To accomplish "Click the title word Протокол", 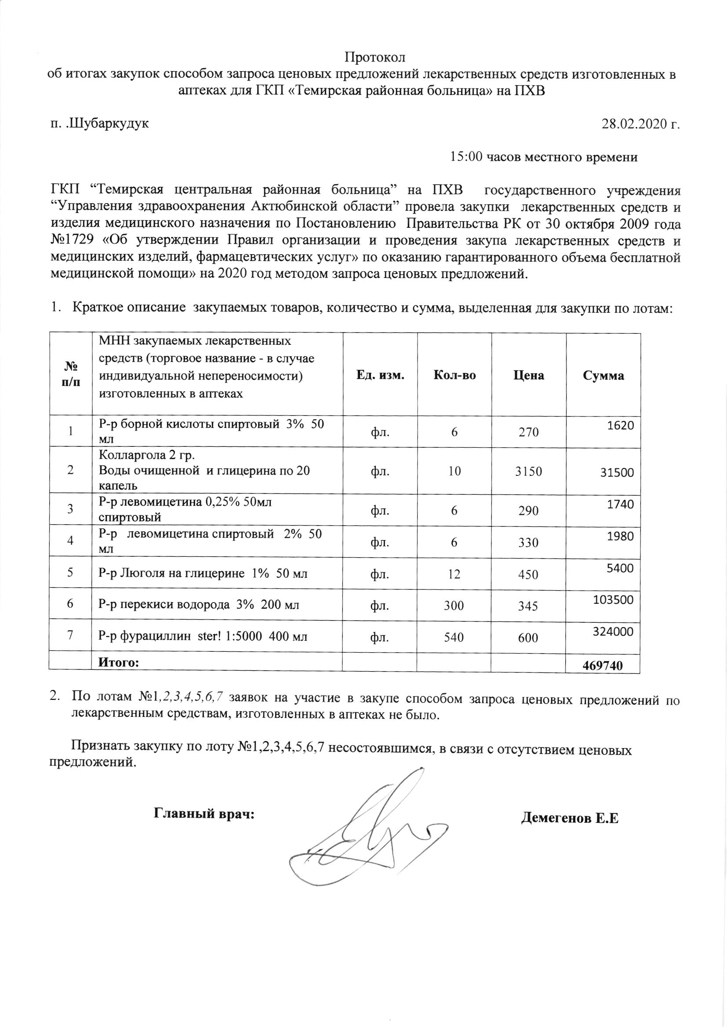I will [374, 58].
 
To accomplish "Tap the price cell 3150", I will [529, 471].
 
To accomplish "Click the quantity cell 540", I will [454, 636].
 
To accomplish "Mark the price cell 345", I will [529, 606].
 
